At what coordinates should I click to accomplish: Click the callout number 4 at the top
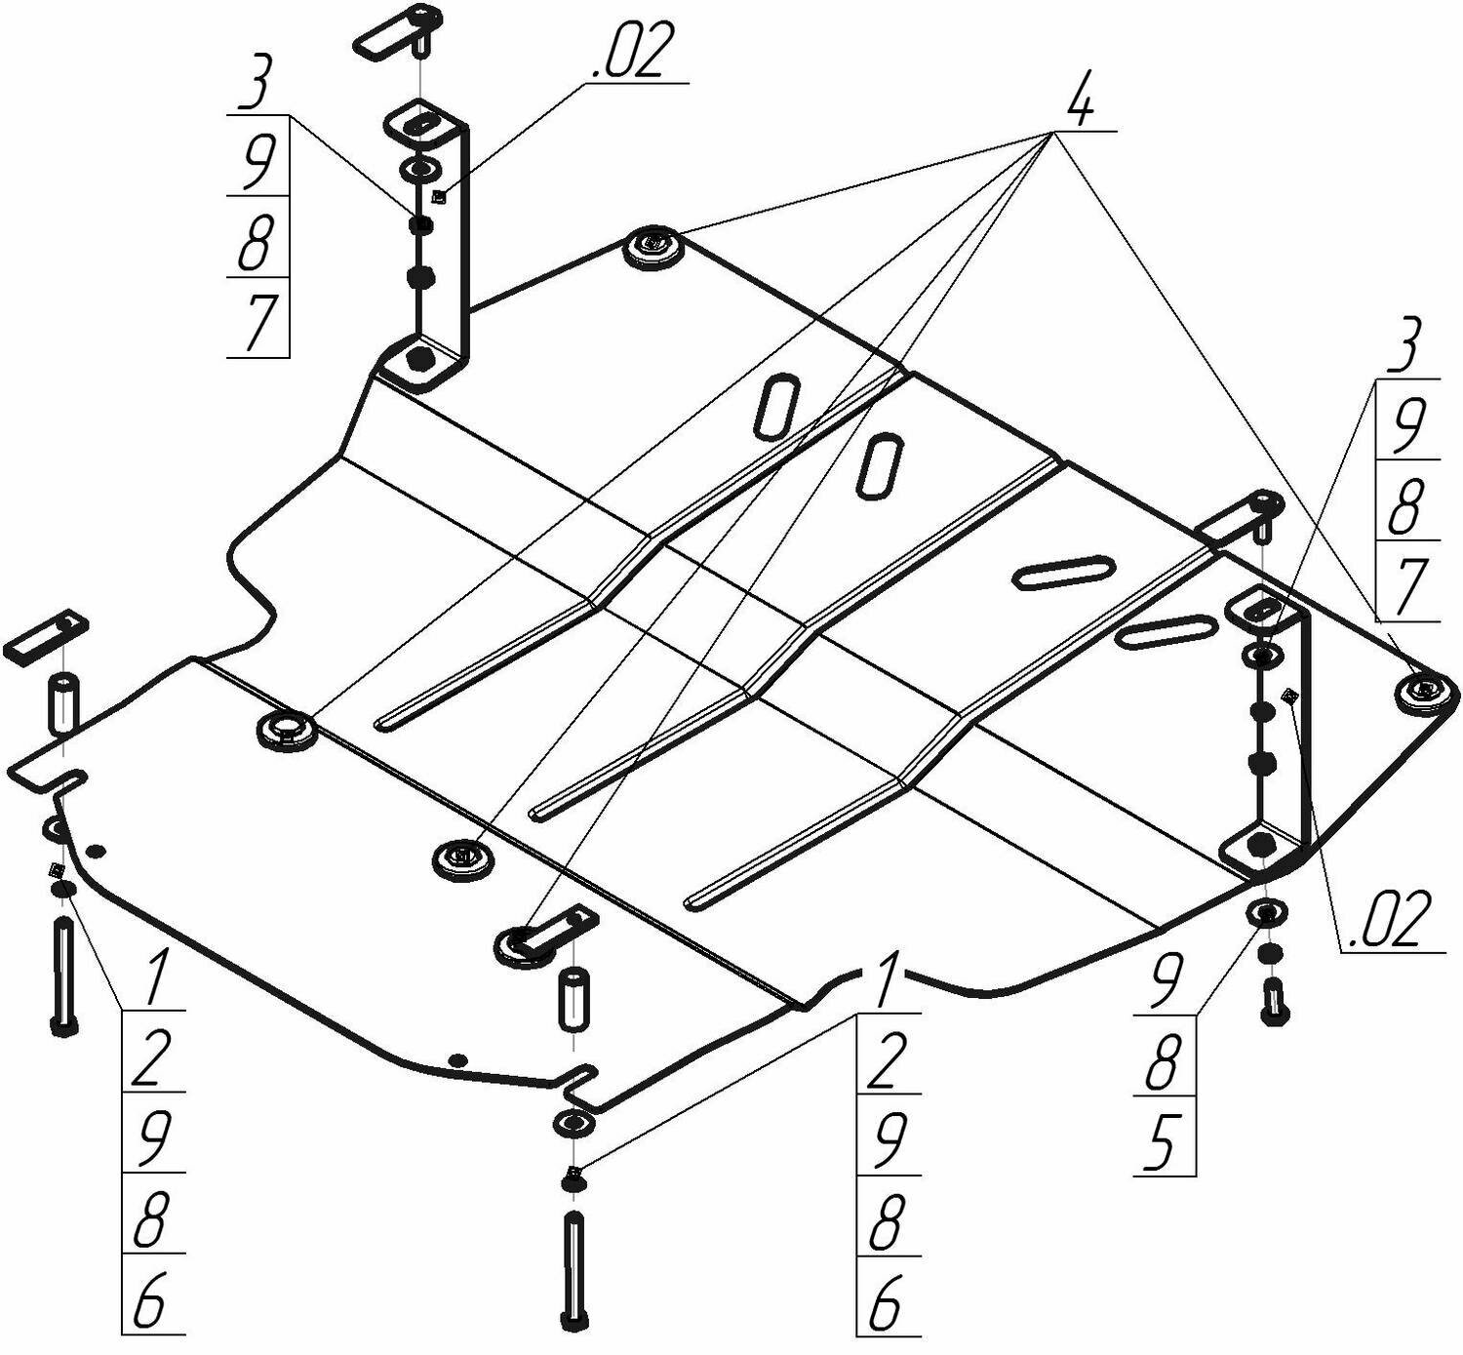pyautogui.click(x=1080, y=100)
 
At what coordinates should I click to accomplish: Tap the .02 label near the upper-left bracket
pyautogui.click(x=633, y=54)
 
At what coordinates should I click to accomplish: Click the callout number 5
pyautogui.click(x=1162, y=1142)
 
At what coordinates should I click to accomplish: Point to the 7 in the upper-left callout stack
pyautogui.click(x=258, y=320)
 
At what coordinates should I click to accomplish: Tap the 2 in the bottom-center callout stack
pyautogui.click(x=885, y=1060)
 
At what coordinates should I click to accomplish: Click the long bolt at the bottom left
pyautogui.click(x=62, y=976)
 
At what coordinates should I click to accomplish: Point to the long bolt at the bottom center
pyautogui.click(x=573, y=1268)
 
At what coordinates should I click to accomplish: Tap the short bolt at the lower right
pyautogui.click(x=1273, y=1001)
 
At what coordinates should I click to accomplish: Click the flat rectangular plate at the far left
pyautogui.click(x=46, y=636)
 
